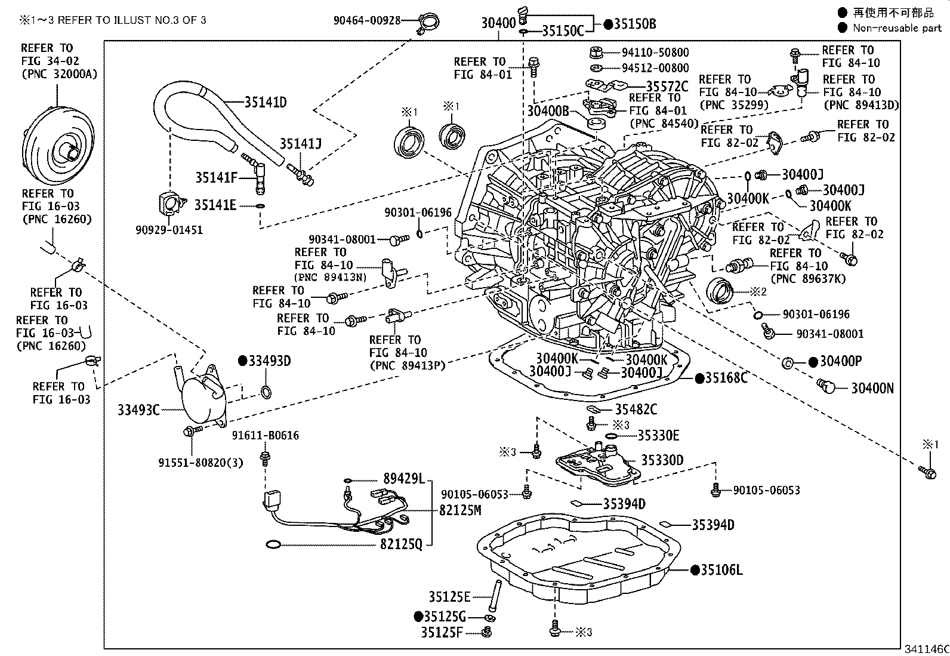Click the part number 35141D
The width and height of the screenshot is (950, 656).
pyautogui.click(x=265, y=102)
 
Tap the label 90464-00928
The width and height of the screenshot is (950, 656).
pyautogui.click(x=366, y=20)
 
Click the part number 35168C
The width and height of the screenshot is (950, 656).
pyautogui.click(x=726, y=378)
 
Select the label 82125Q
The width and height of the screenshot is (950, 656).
pyautogui.click(x=401, y=544)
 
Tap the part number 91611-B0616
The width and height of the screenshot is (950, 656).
pyautogui.click(x=266, y=436)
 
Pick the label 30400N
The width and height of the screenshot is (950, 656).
pyautogui.click(x=872, y=389)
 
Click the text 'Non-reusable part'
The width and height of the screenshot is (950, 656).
pyautogui.click(x=896, y=28)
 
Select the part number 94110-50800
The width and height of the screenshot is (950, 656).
pyautogui.click(x=655, y=53)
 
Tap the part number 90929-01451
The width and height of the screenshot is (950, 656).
pyautogui.click(x=169, y=230)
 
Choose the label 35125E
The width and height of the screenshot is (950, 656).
pyautogui.click(x=449, y=596)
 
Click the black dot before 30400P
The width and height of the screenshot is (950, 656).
pyautogui.click(x=813, y=362)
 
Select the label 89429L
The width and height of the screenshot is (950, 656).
pyautogui.click(x=403, y=479)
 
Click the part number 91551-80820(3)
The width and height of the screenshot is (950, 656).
pyautogui.click(x=201, y=463)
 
